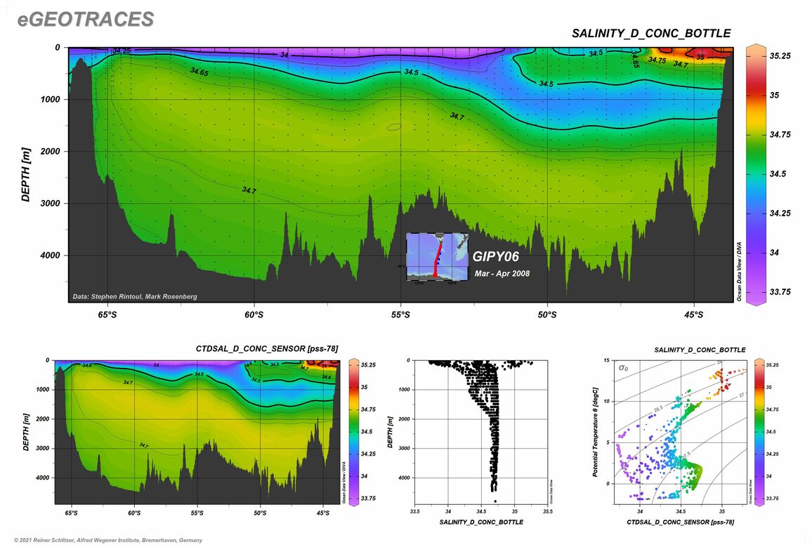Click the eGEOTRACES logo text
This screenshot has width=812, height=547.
(86, 20)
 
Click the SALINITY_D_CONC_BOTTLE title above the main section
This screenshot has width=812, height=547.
(650, 34)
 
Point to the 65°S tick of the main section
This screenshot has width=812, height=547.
(107, 315)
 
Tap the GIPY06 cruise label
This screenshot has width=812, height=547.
(496, 257)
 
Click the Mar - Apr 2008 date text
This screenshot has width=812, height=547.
(502, 274)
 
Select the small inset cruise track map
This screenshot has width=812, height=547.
(437, 256)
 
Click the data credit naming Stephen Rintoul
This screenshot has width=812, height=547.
(135, 297)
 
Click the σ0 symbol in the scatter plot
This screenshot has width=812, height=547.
(623, 367)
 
